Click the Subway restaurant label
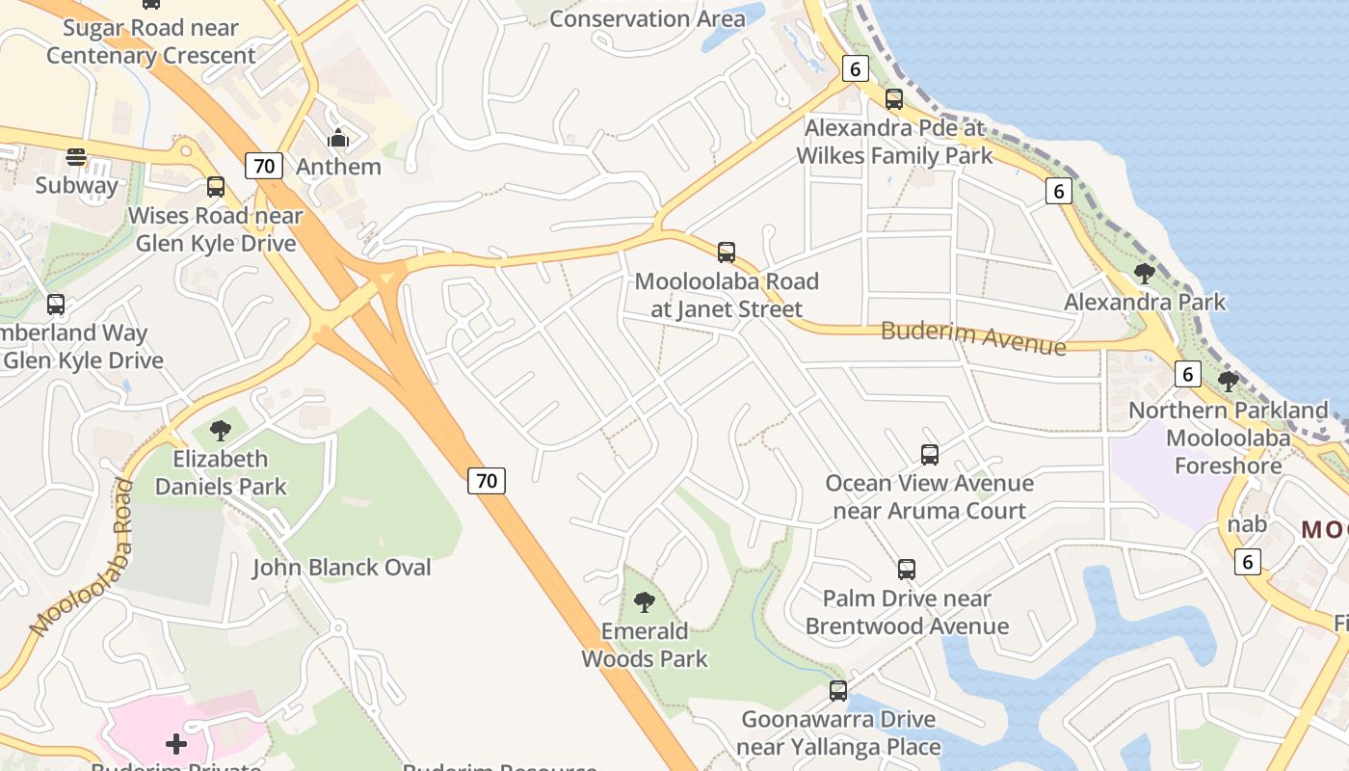[x=76, y=185]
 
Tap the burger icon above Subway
[x=76, y=157]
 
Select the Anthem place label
[x=338, y=167]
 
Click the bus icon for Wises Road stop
[x=216, y=187]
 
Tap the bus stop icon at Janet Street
[x=727, y=253]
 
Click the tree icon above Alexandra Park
[x=1145, y=274]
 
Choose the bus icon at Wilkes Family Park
[x=894, y=98]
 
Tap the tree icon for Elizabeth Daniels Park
[x=221, y=430]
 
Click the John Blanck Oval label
[x=342, y=568]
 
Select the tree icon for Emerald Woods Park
[x=645, y=603]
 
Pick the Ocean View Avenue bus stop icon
[x=930, y=455]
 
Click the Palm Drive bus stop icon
[x=907, y=570]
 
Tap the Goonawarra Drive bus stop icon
[x=838, y=691]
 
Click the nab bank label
[x=1247, y=524]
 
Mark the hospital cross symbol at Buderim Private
[x=176, y=744]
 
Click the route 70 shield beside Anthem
[x=264, y=166]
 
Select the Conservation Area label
[x=647, y=18]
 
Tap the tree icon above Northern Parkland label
[x=1229, y=382]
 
